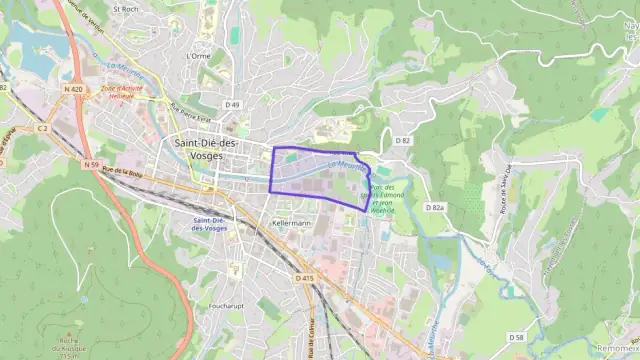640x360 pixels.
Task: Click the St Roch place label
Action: [126, 8]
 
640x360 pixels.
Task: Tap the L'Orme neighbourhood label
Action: [198, 56]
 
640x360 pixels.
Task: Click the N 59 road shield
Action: [92, 164]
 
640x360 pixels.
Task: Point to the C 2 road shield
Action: [42, 128]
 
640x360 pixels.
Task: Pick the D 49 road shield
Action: [233, 105]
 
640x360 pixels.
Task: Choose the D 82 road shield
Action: [403, 141]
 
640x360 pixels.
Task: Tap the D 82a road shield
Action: [434, 207]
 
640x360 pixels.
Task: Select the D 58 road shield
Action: [516, 337]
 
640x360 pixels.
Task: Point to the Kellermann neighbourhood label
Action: [292, 223]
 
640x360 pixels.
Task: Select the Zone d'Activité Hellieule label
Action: [122, 92]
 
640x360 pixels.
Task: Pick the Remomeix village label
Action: [616, 348]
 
